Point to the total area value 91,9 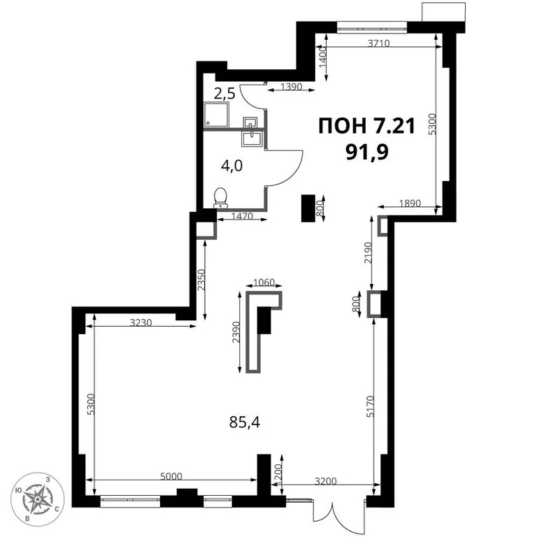tap(366, 152)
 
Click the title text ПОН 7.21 tap(366, 126)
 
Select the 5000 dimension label tap(171, 476)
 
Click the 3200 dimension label tap(327, 481)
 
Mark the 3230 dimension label tap(142, 322)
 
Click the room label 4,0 tap(231, 167)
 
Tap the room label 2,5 tap(224, 92)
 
